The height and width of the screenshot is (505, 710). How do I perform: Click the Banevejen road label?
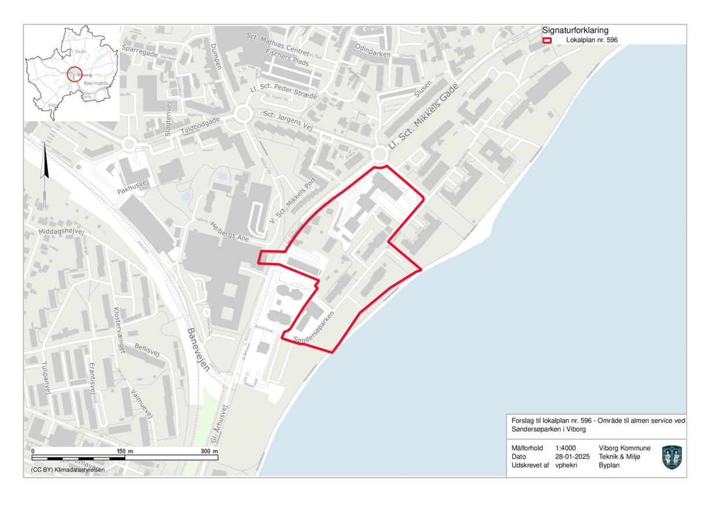coord(198,350)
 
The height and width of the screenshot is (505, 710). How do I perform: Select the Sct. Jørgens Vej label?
coord(287,120)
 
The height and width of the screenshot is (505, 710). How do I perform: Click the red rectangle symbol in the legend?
coord(547,40)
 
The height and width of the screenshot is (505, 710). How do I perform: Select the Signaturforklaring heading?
coord(575,31)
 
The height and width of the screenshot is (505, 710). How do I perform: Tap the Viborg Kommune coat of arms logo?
coord(672,457)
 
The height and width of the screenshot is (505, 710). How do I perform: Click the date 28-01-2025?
coord(572,456)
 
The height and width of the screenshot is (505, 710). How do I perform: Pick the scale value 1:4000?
coord(566,448)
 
